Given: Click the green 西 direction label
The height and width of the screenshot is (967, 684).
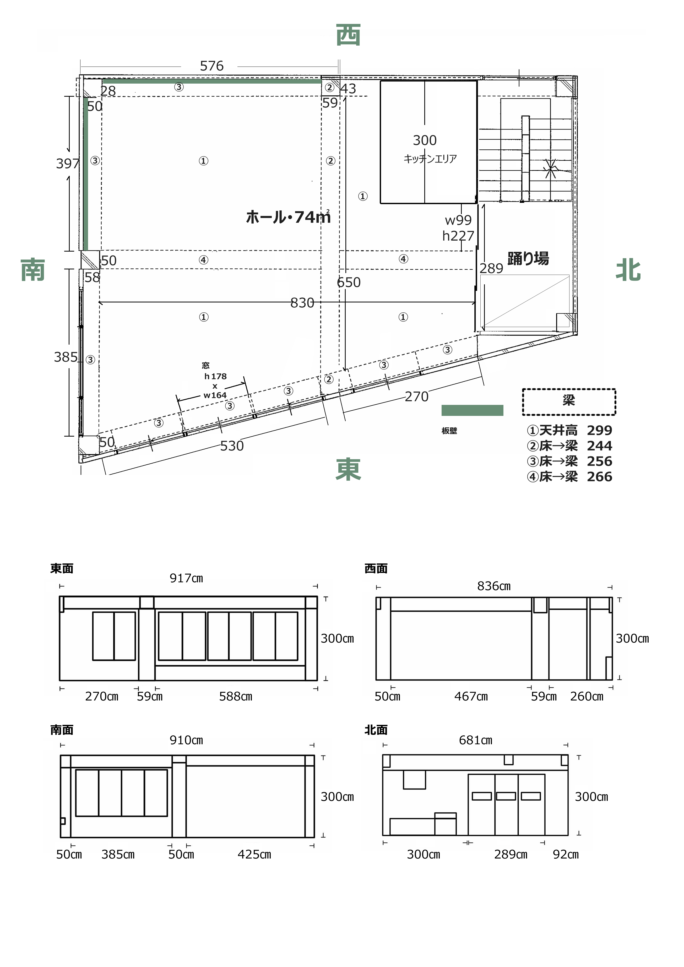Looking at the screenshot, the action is point(348,35).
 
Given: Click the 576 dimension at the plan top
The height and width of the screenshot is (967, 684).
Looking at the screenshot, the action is point(211,66).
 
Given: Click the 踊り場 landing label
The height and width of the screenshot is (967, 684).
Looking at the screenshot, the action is point(528,258).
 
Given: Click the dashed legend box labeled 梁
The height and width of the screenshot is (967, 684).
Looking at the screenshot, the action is point(569,402).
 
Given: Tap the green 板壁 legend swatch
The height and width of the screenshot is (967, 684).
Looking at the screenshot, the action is point(472,410).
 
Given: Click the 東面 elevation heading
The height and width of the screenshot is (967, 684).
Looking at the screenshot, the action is point(62,569).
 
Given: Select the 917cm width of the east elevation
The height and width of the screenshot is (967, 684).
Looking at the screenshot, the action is point(186,578).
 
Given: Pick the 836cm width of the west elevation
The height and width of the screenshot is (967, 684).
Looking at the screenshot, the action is point(494,586).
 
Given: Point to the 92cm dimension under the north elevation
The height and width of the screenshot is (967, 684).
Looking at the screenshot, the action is point(566,855).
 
